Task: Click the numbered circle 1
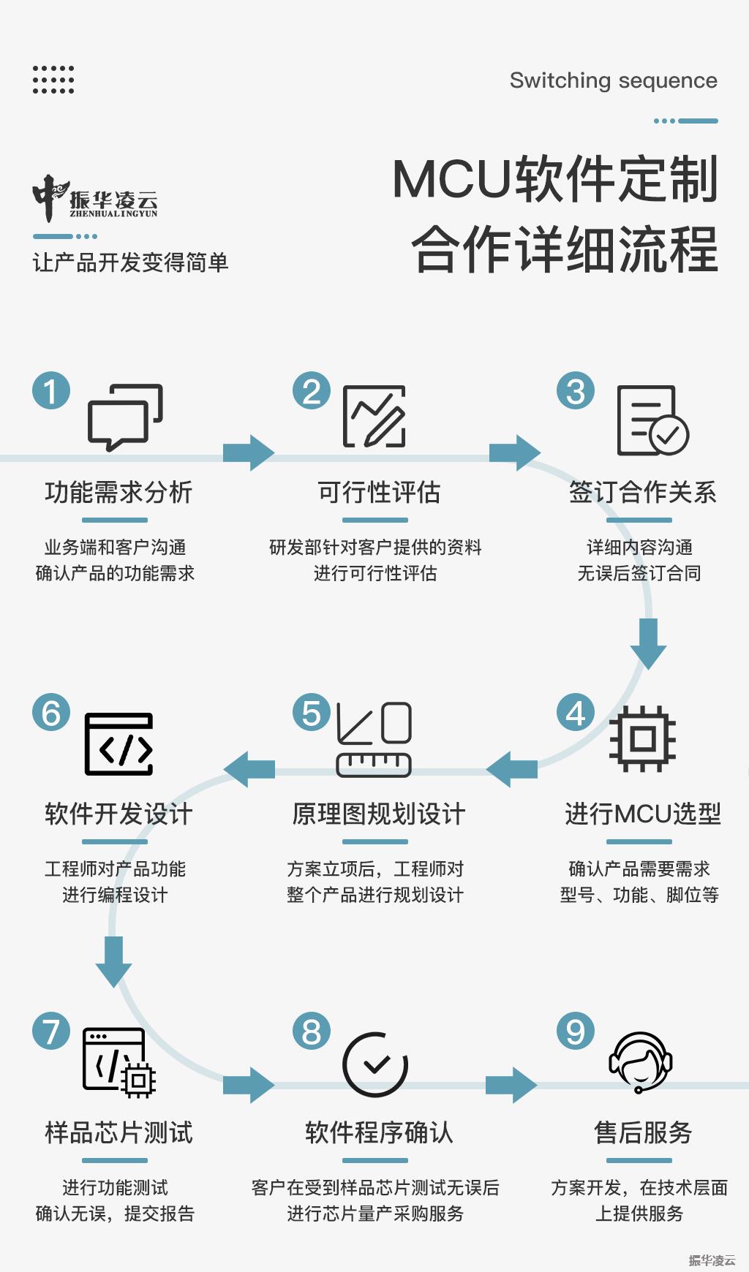[x=51, y=390]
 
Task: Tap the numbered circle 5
[x=312, y=713]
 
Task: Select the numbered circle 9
[x=576, y=1031]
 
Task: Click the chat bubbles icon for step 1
[x=125, y=417]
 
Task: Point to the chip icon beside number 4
[x=643, y=738]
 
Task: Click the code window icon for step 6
[x=119, y=743]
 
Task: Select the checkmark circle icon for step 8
[x=375, y=1064]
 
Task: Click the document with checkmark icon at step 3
[x=652, y=420]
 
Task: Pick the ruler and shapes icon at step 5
[x=374, y=739]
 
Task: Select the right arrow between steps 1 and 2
[x=249, y=453]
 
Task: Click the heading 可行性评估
[x=379, y=492]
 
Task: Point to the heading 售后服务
[x=643, y=1132]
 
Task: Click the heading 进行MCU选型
[x=643, y=814]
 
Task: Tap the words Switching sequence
[x=614, y=80]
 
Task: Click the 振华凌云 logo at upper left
[x=95, y=198]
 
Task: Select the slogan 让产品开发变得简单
[x=131, y=262]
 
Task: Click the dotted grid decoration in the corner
[x=53, y=80]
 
